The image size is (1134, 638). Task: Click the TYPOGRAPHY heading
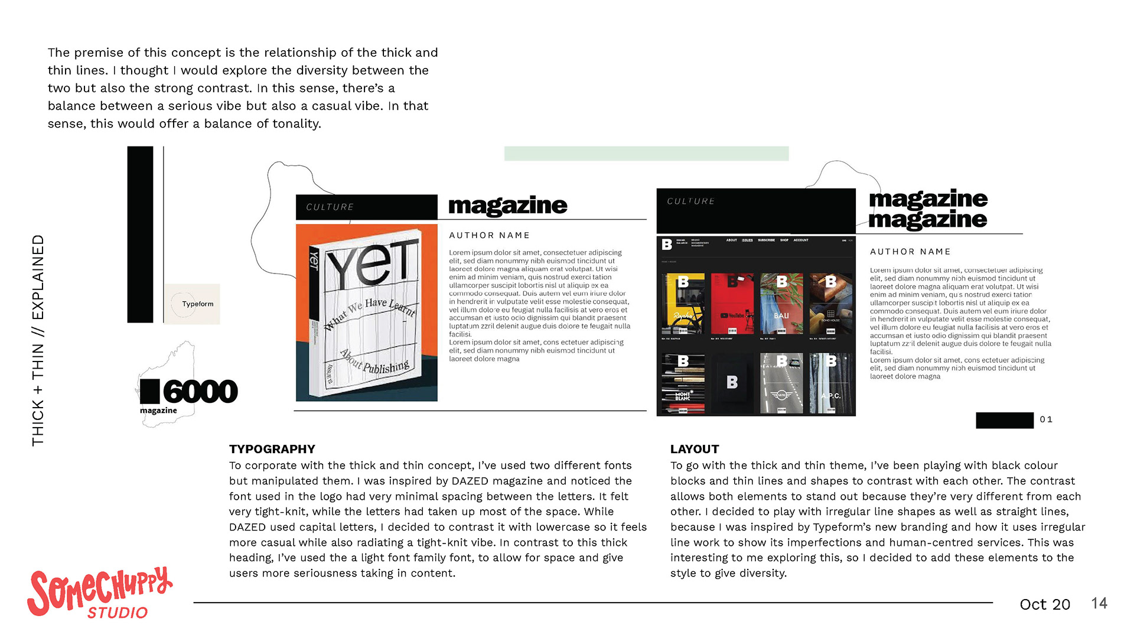[272, 449]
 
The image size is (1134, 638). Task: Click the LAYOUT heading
[695, 449]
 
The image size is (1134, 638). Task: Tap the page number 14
[1099, 603]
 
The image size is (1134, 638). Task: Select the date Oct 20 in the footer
[1044, 604]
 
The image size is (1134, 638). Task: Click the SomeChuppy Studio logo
[99, 593]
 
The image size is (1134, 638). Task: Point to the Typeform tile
[192, 304]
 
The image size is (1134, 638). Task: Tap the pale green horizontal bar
[646, 154]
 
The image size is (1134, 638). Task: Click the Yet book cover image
[366, 313]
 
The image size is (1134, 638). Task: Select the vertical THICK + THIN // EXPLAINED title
[38, 340]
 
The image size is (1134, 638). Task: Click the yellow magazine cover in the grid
[683, 304]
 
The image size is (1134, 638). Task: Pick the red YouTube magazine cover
[732, 304]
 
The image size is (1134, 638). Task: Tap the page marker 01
[1046, 419]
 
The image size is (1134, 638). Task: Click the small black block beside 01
[1004, 420]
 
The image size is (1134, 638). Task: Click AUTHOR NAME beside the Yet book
[489, 235]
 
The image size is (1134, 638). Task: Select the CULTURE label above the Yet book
[330, 207]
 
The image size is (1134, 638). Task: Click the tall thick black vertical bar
[140, 235]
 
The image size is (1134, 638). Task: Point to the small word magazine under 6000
[158, 411]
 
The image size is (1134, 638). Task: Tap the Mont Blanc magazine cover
[683, 383]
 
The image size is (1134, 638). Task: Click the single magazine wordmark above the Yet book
[507, 206]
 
